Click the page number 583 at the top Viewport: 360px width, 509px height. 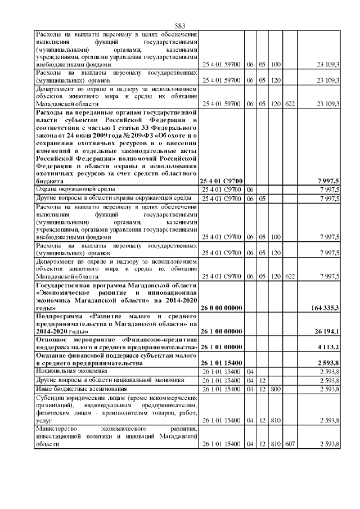click(180, 26)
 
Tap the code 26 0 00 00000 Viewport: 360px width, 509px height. click(221, 308)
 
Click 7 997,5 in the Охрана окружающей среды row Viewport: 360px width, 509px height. click(328, 190)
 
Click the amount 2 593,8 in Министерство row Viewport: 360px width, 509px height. click(328, 444)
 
